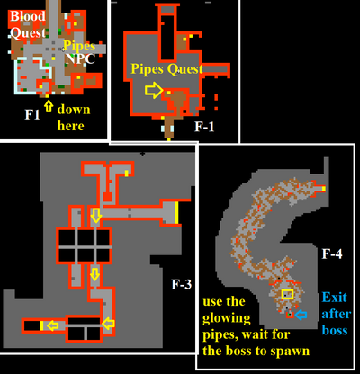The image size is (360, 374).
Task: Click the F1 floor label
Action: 32,114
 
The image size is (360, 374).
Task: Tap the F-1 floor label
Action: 204,127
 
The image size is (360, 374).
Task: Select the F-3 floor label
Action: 181,284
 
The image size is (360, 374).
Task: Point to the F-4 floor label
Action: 332,254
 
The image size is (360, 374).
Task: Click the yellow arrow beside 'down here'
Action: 49,106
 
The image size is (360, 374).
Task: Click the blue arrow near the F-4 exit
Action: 301,315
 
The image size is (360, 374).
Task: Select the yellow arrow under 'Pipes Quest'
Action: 154,90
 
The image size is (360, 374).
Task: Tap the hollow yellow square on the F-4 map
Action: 287,294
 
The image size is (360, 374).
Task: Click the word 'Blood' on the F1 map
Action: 28,16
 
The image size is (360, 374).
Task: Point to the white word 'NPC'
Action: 80,59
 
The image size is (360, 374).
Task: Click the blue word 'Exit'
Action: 334,298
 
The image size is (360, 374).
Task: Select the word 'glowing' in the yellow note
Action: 227,318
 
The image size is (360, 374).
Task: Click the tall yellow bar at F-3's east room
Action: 176,213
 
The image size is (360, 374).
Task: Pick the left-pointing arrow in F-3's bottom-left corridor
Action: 53,325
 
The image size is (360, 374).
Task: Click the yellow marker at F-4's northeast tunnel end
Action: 324,189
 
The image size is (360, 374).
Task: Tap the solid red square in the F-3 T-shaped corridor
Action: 108,197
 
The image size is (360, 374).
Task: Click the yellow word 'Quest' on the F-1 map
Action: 185,69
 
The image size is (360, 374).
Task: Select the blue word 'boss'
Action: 335,330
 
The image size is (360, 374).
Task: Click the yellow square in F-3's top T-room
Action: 127,174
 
